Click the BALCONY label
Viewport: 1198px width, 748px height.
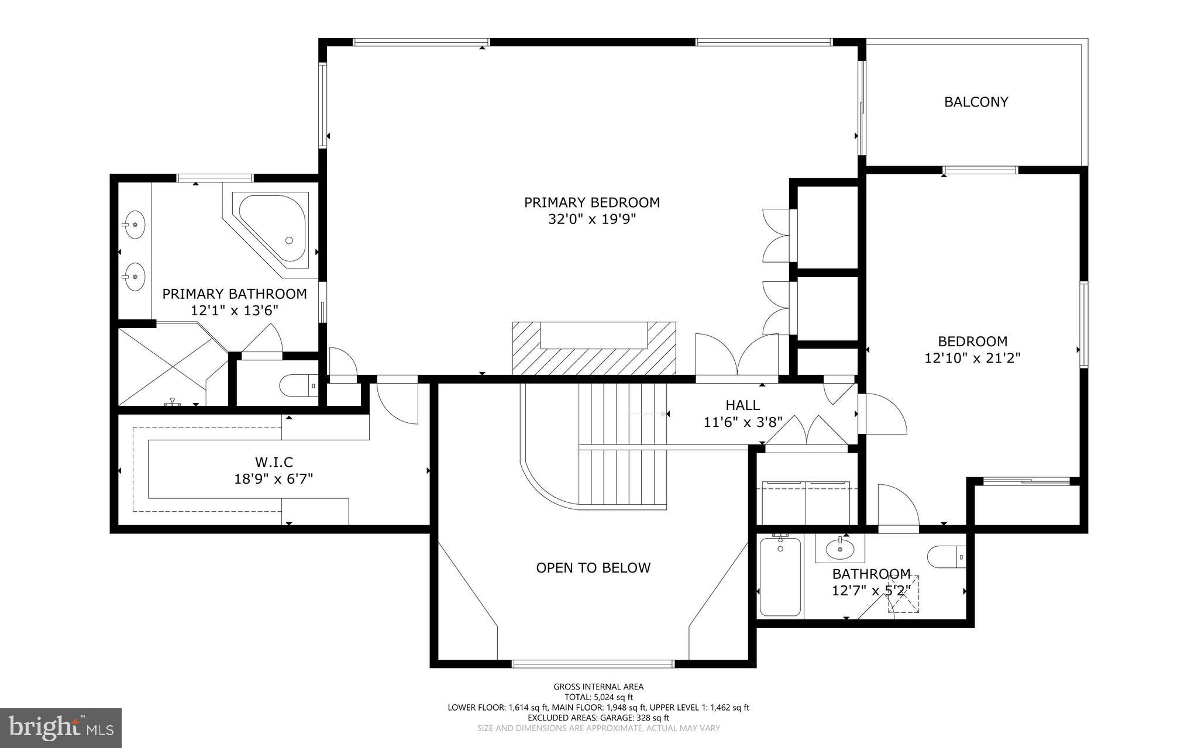coord(976,102)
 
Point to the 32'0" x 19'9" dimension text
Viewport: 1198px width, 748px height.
coord(591,219)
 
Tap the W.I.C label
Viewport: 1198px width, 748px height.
coord(273,463)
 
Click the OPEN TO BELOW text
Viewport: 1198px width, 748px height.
coord(593,567)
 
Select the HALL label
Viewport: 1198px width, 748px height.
coord(742,405)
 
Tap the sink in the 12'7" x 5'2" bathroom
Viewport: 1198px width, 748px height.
coord(839,549)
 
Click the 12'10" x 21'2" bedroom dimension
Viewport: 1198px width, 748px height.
coord(972,358)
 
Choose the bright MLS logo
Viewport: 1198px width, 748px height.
coord(61,727)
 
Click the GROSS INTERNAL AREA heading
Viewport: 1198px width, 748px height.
coord(598,687)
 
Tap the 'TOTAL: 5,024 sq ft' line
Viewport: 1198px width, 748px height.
coord(598,697)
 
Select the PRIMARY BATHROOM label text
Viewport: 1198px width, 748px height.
coord(234,294)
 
